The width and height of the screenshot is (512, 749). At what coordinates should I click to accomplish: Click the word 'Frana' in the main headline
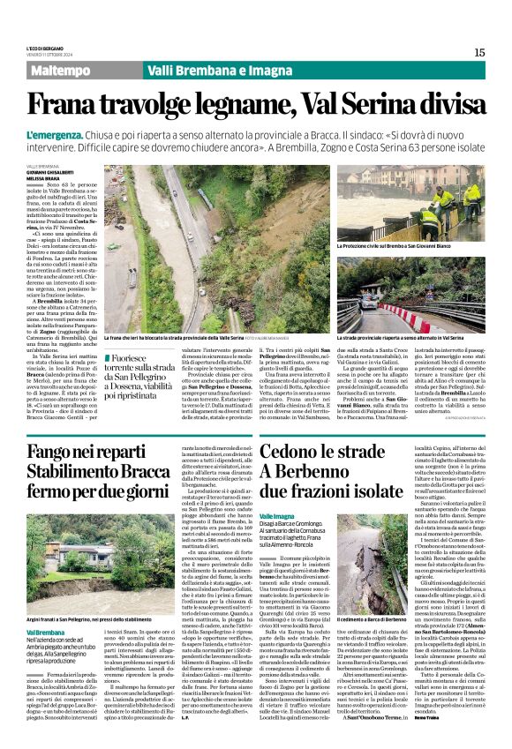coord(73,105)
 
